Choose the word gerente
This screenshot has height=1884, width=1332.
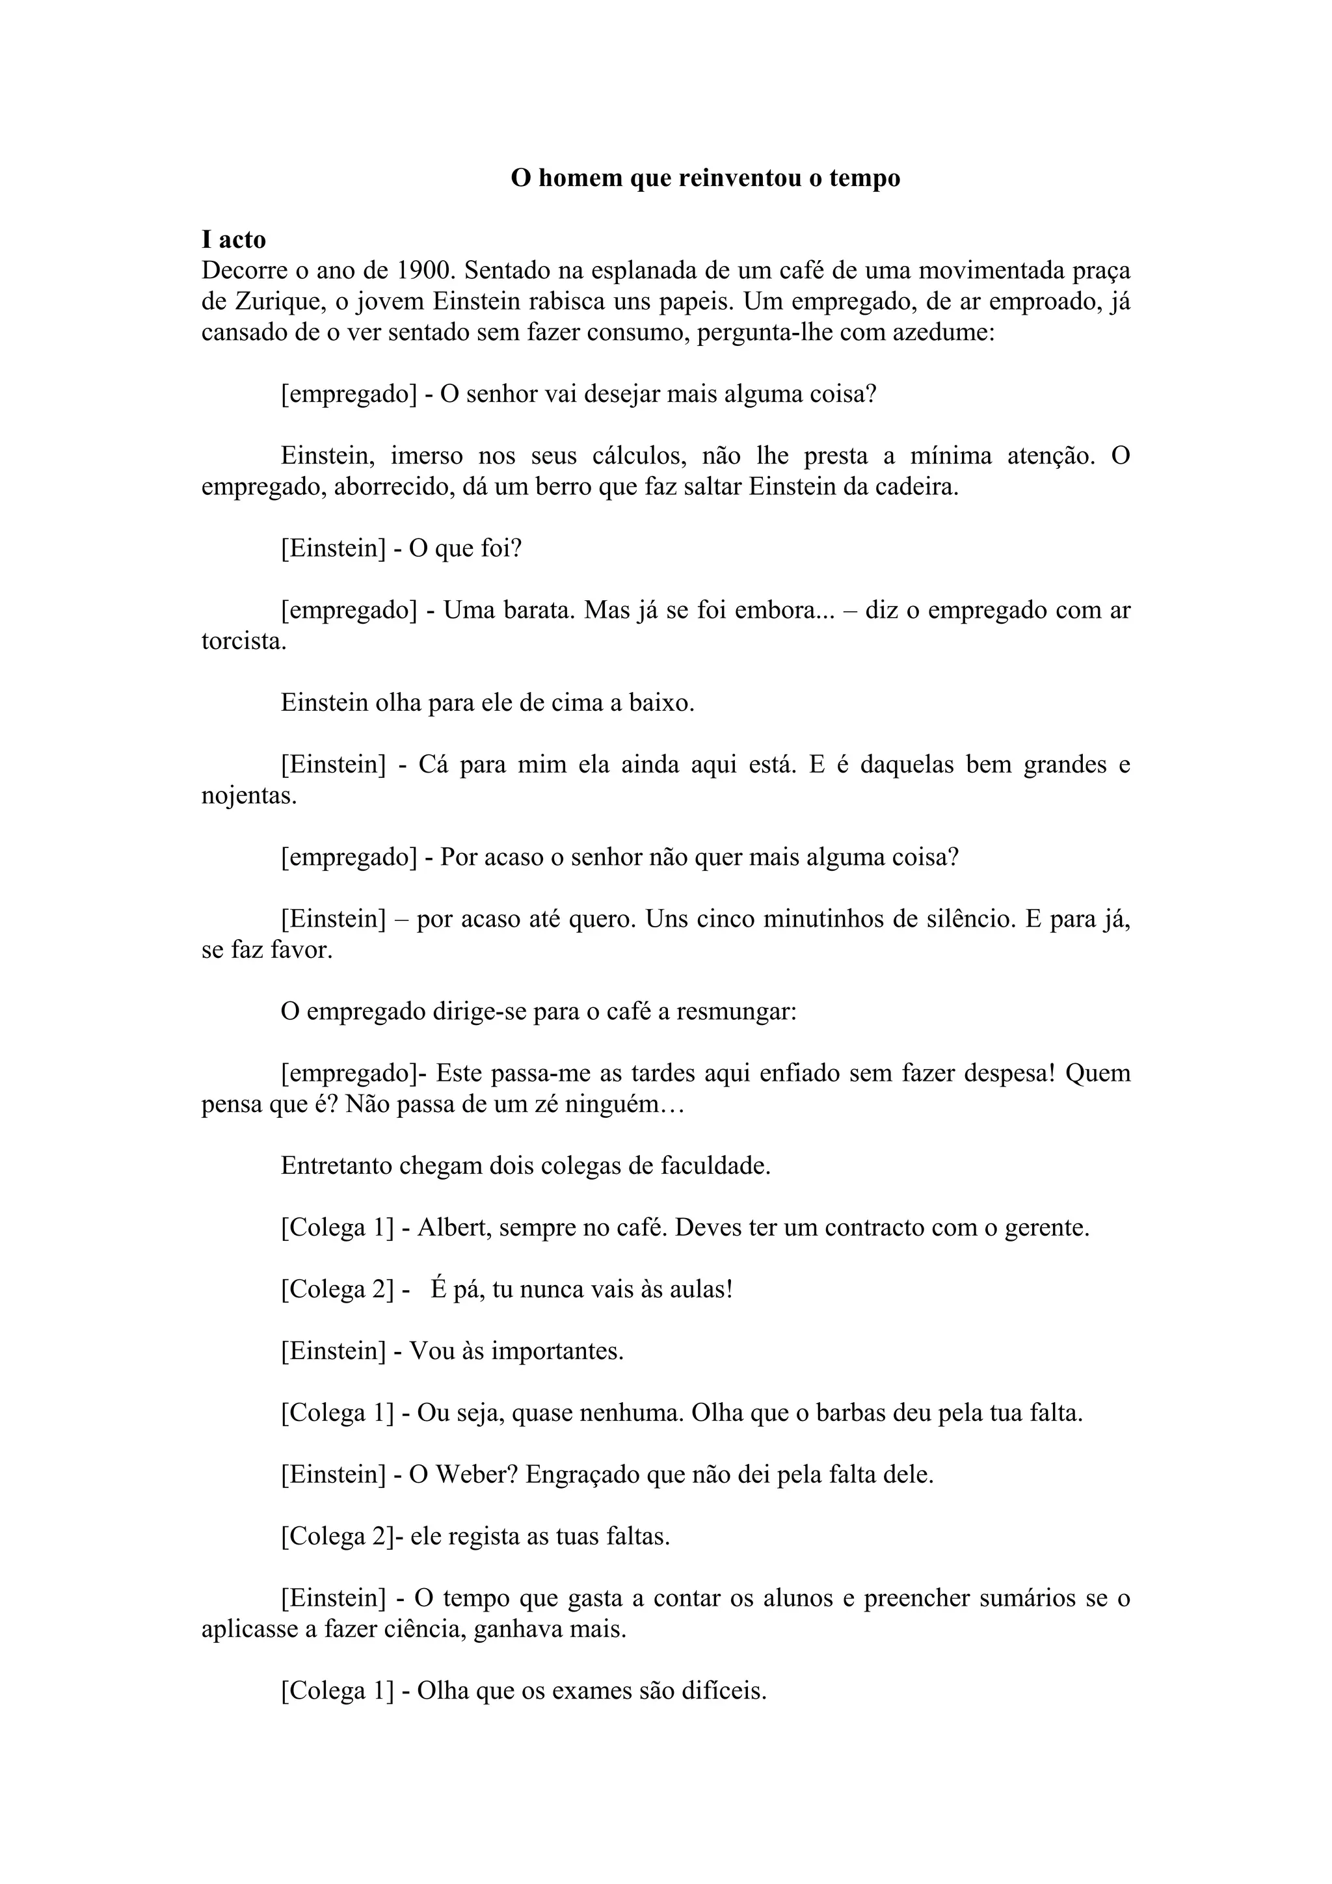pos(1045,1228)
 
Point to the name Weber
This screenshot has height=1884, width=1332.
pos(474,1474)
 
